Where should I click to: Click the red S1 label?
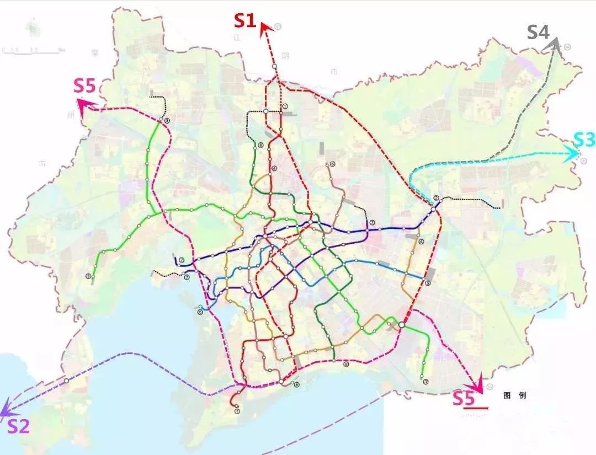(245, 20)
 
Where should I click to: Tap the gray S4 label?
(538, 31)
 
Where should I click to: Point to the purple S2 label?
(18, 426)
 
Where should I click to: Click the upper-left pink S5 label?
(84, 86)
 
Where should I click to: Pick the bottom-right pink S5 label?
(464, 398)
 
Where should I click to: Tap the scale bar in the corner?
(31, 52)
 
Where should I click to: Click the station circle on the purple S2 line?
(66, 381)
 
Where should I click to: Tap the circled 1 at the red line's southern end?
(237, 411)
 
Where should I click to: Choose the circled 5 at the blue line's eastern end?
(427, 283)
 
